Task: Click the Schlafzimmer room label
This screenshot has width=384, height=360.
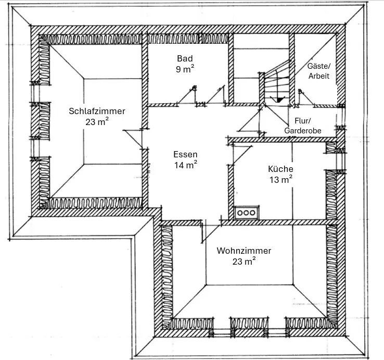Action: (x=97, y=111)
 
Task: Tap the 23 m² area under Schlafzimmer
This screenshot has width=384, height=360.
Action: (x=97, y=122)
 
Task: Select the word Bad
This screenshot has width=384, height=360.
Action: (x=185, y=58)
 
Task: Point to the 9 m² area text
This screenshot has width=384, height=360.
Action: (x=185, y=68)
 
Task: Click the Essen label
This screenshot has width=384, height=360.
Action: (x=185, y=155)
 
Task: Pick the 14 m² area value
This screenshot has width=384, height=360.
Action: (x=185, y=166)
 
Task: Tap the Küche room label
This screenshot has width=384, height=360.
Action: (x=280, y=169)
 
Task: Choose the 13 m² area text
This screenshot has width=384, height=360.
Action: (x=280, y=180)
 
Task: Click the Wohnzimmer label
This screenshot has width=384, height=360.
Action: (x=244, y=251)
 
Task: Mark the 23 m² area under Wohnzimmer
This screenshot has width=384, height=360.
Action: (x=244, y=262)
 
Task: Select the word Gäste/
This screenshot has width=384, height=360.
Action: (x=318, y=67)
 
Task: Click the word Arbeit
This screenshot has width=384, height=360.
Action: (x=318, y=76)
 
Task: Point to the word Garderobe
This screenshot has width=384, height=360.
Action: (x=303, y=131)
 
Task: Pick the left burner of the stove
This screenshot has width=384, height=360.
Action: (x=241, y=213)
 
